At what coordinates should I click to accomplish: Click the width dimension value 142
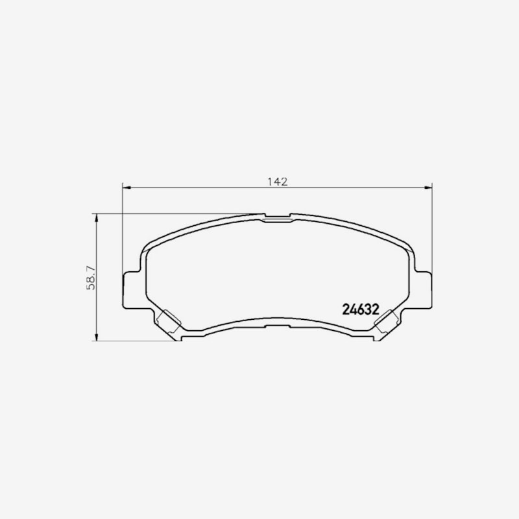point(278,182)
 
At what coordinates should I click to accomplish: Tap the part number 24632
point(361,309)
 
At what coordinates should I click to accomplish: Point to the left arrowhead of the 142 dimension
point(127,187)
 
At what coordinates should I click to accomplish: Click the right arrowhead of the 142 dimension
point(428,187)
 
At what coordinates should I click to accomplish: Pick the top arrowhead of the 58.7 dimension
point(96,219)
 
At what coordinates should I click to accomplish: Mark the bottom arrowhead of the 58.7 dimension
point(96,336)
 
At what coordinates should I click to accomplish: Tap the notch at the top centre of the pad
point(278,217)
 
